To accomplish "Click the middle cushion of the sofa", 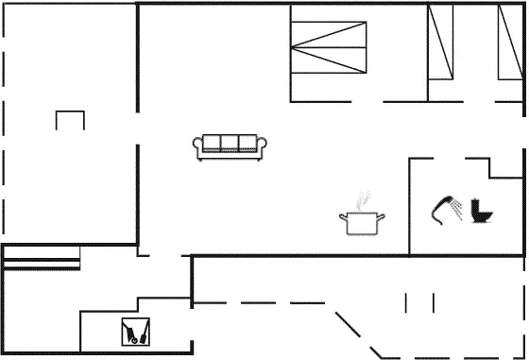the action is [x=227, y=144].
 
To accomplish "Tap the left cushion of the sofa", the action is [x=210, y=144].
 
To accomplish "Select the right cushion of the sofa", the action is [x=245, y=144].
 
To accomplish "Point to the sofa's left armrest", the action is [x=197, y=146].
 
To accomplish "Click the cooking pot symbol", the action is [x=362, y=223].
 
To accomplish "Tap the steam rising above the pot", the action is [x=361, y=202].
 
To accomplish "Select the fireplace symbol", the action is [x=135, y=331].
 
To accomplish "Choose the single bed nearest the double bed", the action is [x=442, y=43].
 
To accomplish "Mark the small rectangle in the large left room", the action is [x=70, y=121].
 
